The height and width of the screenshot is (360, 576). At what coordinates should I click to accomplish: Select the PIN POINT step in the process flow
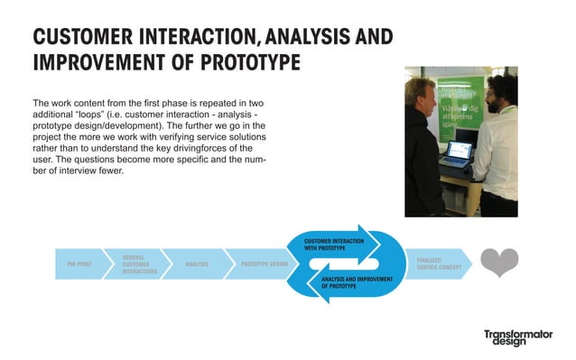(81, 264)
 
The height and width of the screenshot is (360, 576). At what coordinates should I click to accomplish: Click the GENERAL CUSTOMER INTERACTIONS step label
(139, 263)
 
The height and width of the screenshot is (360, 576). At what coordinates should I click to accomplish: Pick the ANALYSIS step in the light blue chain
(196, 264)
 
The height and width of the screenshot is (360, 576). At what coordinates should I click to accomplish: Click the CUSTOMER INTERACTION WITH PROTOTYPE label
(333, 245)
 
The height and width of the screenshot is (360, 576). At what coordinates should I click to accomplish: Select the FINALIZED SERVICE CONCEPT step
(437, 263)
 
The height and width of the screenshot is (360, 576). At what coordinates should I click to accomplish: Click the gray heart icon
(498, 263)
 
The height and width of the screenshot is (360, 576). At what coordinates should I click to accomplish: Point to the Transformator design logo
(517, 339)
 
